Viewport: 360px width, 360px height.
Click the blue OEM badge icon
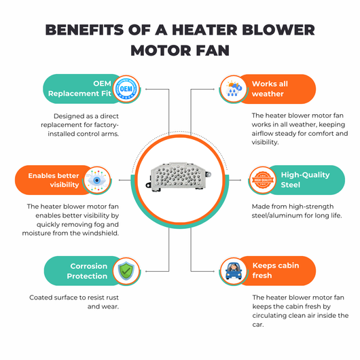click(126, 89)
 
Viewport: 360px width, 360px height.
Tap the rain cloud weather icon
click(234, 88)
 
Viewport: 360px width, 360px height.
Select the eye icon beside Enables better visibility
click(97, 181)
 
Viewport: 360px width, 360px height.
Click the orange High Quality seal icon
click(263, 180)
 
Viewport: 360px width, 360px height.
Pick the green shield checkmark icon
click(126, 271)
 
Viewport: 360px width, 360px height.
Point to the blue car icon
click(234, 271)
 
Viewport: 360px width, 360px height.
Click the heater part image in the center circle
click(179, 177)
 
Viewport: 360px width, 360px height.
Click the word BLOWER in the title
click(278, 30)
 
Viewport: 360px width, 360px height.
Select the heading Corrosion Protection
click(87, 271)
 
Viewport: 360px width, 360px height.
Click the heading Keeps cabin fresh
click(276, 270)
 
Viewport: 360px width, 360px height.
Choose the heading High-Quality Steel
click(305, 180)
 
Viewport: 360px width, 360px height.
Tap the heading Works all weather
click(270, 88)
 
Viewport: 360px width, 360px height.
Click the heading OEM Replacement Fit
click(79, 88)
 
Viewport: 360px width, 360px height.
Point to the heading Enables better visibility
click(54, 180)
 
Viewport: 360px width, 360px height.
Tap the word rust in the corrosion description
click(112, 298)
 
